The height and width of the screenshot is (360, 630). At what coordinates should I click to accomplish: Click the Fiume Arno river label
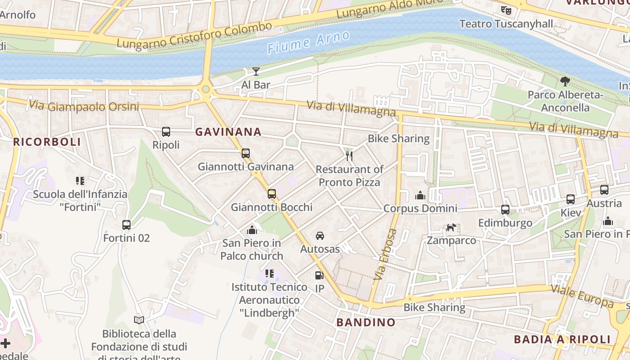tap(309, 42)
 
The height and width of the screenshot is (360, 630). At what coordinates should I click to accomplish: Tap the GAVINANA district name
tap(228, 132)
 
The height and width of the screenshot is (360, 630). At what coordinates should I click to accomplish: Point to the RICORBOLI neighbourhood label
tap(47, 142)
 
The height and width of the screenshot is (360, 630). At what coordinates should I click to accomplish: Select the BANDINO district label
tap(366, 322)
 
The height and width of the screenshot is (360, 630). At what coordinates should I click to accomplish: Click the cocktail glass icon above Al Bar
tap(256, 72)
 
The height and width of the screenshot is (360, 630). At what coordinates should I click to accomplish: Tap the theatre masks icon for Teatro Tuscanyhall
tap(506, 9)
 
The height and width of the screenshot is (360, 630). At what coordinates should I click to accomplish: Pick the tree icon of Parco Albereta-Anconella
tap(565, 81)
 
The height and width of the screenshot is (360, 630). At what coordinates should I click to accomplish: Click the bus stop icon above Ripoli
tap(166, 132)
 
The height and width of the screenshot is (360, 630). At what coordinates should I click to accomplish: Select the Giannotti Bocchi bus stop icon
tap(272, 194)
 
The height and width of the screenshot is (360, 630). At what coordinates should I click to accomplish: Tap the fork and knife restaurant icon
tap(349, 156)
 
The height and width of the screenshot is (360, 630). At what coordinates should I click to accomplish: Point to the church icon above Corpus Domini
tap(420, 195)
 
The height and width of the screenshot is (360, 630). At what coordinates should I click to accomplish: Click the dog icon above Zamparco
tap(451, 227)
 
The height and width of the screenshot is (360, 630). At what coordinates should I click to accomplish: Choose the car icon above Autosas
tap(320, 236)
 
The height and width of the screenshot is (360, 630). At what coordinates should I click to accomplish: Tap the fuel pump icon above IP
tap(319, 275)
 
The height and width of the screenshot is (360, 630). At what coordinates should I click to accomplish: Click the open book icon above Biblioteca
tap(139, 320)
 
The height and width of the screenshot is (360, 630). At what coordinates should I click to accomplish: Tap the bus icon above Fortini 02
tap(126, 225)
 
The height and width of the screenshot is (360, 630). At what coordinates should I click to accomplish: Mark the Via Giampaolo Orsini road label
tap(84, 107)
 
